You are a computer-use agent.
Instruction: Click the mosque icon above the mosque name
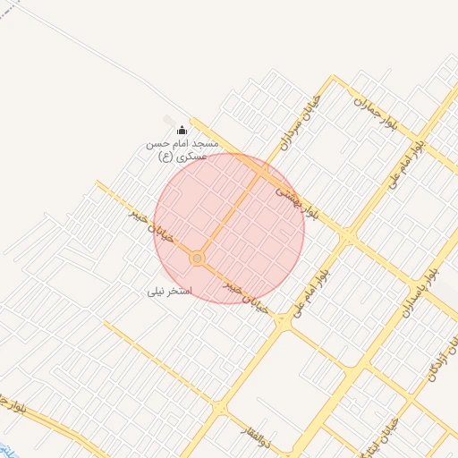point(182,131)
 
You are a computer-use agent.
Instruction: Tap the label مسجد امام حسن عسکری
point(182,149)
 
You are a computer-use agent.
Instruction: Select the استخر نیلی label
point(170,292)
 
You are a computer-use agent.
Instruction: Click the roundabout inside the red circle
point(197,259)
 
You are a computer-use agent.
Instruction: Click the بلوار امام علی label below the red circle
point(310,292)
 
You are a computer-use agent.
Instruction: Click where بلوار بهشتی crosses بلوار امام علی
point(346,235)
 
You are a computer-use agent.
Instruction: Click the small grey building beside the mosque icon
point(169,119)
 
